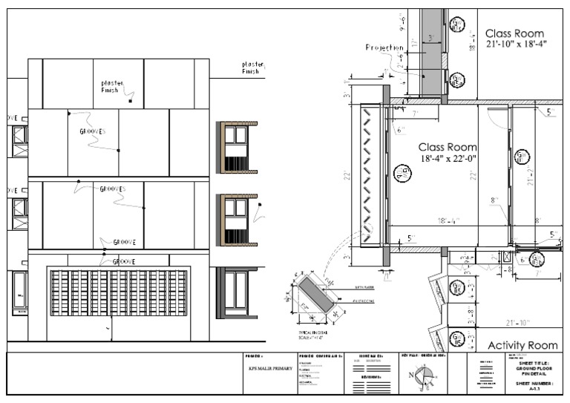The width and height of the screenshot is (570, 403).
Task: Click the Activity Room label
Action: click(522, 345)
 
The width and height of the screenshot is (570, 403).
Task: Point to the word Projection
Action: click(384, 47)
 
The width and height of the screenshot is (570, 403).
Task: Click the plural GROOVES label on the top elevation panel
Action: click(93, 131)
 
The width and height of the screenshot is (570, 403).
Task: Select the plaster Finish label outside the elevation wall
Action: click(252, 68)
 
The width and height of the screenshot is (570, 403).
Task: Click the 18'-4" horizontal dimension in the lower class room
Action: click(448, 220)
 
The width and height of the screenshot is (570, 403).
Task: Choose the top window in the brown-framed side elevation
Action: click(236, 134)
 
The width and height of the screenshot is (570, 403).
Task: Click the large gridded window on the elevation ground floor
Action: click(118, 299)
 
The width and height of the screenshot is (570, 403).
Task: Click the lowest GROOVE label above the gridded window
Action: click(123, 261)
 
